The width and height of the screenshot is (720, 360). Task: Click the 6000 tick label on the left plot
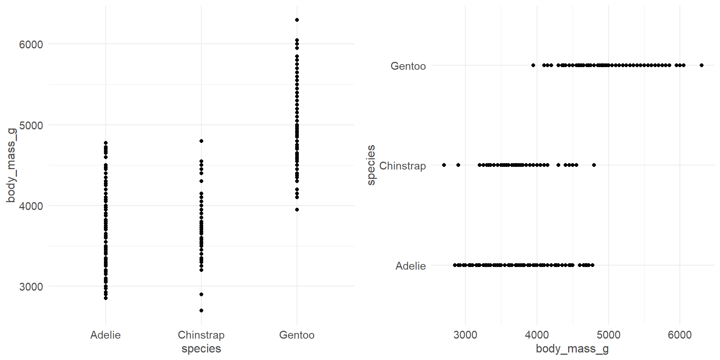(x=31, y=45)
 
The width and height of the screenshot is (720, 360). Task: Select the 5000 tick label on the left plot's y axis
(x=31, y=125)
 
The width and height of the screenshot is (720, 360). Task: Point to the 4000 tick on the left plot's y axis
(x=31, y=206)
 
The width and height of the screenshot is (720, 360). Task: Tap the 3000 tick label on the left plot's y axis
(x=31, y=287)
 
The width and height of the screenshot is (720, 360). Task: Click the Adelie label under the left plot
(x=105, y=335)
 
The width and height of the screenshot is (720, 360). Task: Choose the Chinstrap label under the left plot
(x=201, y=335)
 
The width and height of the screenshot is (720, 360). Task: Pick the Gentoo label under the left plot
(x=297, y=335)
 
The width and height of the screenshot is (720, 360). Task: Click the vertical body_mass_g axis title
(x=11, y=165)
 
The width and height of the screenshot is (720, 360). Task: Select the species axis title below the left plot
(x=201, y=349)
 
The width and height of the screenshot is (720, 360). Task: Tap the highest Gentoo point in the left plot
(x=297, y=20)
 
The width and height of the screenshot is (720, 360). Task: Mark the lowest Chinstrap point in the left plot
(x=201, y=310)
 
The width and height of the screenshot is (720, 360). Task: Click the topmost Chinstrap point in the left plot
(x=201, y=141)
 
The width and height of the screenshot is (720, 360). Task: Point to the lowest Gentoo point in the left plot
(x=297, y=210)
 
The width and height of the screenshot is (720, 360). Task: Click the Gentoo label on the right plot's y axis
(x=408, y=66)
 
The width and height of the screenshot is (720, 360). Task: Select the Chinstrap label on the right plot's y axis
(x=402, y=166)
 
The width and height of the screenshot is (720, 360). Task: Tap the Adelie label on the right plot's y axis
(x=411, y=266)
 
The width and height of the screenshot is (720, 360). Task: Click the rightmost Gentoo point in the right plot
(x=702, y=65)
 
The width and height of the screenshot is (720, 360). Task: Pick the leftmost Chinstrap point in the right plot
(x=444, y=165)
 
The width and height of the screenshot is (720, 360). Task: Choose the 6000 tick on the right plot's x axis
(x=679, y=335)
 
